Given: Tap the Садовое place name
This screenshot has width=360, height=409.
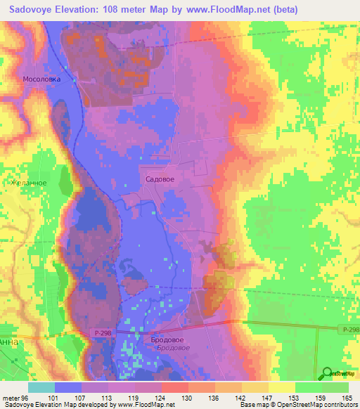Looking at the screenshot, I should (x=160, y=179).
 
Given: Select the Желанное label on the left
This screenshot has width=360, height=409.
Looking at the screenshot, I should (x=28, y=182).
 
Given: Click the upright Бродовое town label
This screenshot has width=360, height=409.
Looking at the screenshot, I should (x=163, y=339).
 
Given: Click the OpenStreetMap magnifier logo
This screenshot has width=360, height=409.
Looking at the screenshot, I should (x=326, y=374).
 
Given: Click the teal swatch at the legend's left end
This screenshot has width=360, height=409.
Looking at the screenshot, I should (x=41, y=387).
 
